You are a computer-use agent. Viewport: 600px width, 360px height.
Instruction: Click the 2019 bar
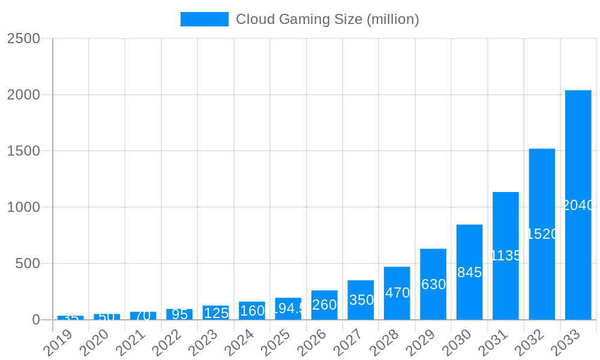[x=71, y=317]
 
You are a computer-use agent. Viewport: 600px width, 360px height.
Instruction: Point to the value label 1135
[x=506, y=256]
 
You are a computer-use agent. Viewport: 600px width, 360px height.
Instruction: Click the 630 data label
[x=433, y=284]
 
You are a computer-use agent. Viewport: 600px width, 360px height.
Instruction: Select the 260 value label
[x=324, y=305]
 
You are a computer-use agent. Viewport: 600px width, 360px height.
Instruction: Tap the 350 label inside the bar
[x=361, y=300]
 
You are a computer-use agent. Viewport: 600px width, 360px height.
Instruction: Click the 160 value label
[x=252, y=310]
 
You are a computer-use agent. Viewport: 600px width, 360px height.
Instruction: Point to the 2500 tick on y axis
[x=23, y=38]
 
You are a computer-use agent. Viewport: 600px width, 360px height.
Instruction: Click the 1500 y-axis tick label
[x=23, y=151]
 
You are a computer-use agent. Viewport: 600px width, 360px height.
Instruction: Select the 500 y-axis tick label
[x=28, y=263]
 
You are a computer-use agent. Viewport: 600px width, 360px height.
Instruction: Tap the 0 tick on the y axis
[x=35, y=320]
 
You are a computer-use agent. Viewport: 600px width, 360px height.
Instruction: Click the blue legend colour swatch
[x=205, y=19]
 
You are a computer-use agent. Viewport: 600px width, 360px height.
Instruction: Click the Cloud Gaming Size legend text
[x=327, y=19]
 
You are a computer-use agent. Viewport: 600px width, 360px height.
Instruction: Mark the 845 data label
[x=469, y=272]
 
